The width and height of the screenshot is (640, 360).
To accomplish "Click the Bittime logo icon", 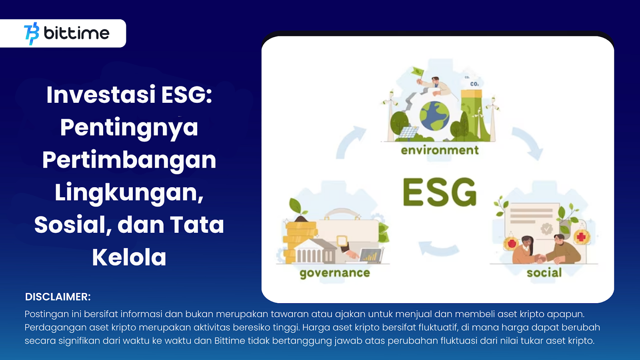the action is click(32, 34).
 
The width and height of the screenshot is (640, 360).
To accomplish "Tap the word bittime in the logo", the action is click(76, 33).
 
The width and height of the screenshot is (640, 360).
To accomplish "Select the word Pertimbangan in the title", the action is click(129, 160).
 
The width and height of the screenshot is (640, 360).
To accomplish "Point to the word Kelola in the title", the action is click(129, 257).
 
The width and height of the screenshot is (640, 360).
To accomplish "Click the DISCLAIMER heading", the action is click(58, 296).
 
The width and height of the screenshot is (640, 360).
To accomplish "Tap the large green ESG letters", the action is click(440, 192).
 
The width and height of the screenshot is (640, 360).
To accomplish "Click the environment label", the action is click(440, 150).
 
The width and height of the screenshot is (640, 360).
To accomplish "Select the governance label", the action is click(335, 273).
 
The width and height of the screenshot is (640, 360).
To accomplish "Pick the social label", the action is click(544, 272).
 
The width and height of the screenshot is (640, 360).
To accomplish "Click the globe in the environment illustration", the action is click(434, 116).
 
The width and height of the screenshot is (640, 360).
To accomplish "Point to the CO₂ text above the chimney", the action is click(474, 84).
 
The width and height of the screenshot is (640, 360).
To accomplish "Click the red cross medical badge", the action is click(582, 237).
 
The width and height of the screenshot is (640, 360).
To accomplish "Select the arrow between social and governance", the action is click(438, 248).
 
